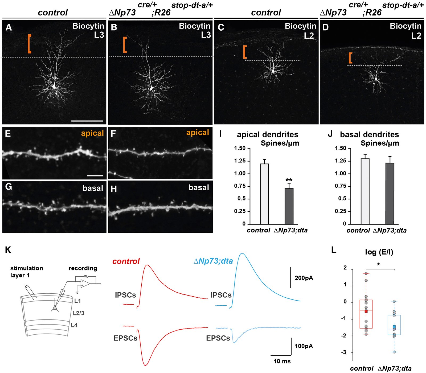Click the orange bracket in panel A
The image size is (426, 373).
pos(29,44)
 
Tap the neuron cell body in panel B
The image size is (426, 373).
pos(152,88)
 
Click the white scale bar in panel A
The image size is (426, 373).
pos(87,121)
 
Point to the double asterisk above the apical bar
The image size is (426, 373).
pos(289,180)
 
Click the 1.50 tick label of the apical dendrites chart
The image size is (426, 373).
pos(240,148)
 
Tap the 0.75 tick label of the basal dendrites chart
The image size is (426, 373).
pos(341,186)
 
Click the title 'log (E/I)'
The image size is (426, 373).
pos(379,252)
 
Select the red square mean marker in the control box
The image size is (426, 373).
pos(366,311)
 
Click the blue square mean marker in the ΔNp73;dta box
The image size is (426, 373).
pos(394,327)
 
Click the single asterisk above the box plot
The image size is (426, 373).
pos(378,264)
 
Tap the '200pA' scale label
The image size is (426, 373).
pos(304,278)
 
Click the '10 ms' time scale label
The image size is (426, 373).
pos(282,361)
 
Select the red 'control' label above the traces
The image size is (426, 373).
pos(126,261)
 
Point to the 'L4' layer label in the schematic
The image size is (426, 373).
pos(74,325)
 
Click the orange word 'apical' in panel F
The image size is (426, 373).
pos(198,133)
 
